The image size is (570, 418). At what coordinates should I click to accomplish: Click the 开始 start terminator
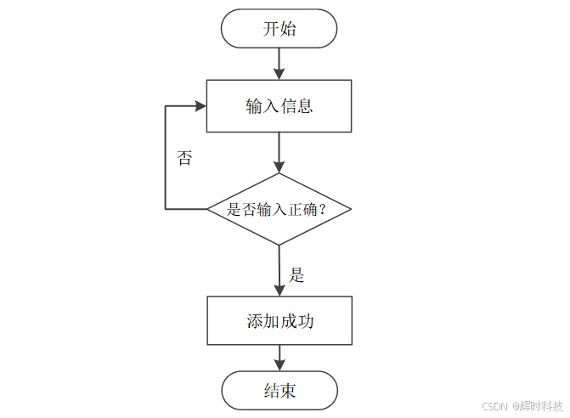pyautogui.click(x=279, y=29)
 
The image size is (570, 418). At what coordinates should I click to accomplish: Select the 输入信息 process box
pyautogui.click(x=279, y=106)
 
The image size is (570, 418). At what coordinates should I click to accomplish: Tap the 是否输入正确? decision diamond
pyautogui.click(x=279, y=209)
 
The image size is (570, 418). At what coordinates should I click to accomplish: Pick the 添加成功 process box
pyautogui.click(x=279, y=321)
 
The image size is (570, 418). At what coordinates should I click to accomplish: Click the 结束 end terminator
pyautogui.click(x=279, y=391)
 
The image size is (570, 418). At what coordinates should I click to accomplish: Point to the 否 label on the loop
pyautogui.click(x=184, y=158)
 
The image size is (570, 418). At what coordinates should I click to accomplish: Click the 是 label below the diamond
pyautogui.click(x=296, y=274)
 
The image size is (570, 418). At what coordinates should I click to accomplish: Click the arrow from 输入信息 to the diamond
pyautogui.click(x=279, y=153)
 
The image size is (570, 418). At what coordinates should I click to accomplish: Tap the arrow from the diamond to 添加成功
pyautogui.click(x=279, y=270)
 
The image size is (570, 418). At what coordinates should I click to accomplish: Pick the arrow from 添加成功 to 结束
pyautogui.click(x=279, y=359)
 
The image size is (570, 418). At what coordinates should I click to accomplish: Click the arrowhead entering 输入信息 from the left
pyautogui.click(x=201, y=106)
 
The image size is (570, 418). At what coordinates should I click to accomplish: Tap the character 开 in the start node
pyautogui.click(x=270, y=29)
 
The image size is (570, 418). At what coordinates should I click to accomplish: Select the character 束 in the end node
pyautogui.click(x=288, y=391)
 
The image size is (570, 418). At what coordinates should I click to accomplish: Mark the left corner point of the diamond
pyautogui.click(x=208, y=209)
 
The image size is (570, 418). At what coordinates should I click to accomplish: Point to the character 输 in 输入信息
pyautogui.click(x=253, y=106)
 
